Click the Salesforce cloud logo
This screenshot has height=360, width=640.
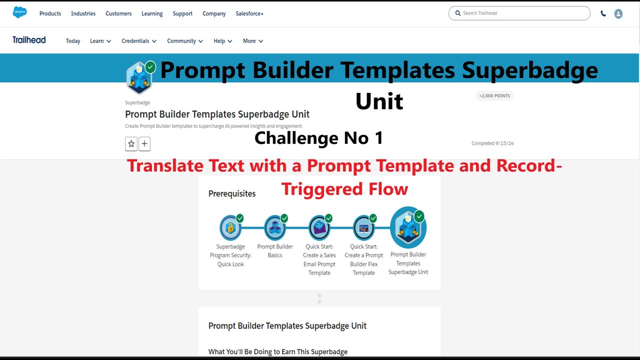pyautogui.click(x=20, y=12)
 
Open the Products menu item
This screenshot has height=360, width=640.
pyautogui.click(x=50, y=13)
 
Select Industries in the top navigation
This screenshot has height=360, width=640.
pyautogui.click(x=83, y=13)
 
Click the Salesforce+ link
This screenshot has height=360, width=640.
pyautogui.click(x=249, y=13)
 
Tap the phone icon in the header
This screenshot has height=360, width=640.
pyautogui.click(x=603, y=14)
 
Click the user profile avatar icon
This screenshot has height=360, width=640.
pyautogui.click(x=618, y=14)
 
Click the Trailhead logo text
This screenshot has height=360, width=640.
pyautogui.click(x=29, y=40)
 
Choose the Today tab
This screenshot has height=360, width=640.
pyautogui.click(x=73, y=41)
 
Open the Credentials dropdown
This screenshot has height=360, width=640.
pyautogui.click(x=138, y=41)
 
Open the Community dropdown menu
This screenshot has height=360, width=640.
pyautogui.click(x=184, y=41)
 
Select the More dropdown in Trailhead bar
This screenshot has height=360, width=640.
pyautogui.click(x=252, y=41)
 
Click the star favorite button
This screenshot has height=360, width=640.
pyautogui.click(x=131, y=144)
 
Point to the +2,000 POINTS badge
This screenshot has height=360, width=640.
pyautogui.click(x=494, y=95)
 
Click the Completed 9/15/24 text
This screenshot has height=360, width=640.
pyautogui.click(x=492, y=143)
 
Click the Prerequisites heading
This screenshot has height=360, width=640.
pyautogui.click(x=232, y=193)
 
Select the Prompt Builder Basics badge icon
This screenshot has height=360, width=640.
pyautogui.click(x=275, y=228)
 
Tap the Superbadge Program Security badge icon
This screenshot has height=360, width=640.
pyautogui.click(x=230, y=228)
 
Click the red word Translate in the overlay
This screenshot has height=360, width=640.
pyautogui.click(x=164, y=165)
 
